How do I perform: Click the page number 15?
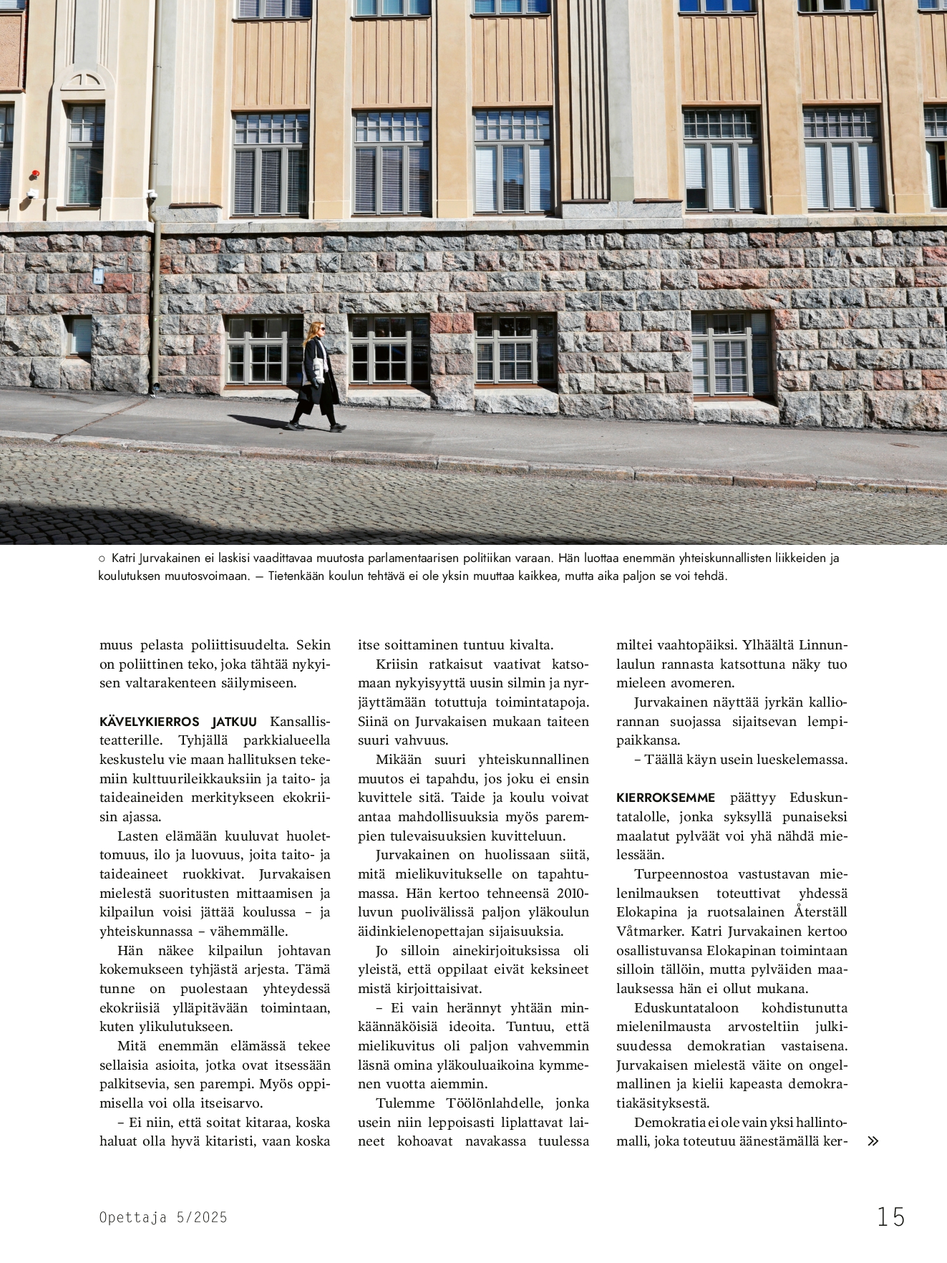(891, 1216)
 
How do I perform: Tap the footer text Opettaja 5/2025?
(163, 1217)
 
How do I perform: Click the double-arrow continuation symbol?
(873, 1141)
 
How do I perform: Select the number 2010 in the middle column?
(572, 894)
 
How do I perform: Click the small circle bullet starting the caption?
(102, 558)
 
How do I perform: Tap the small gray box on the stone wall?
(99, 274)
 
